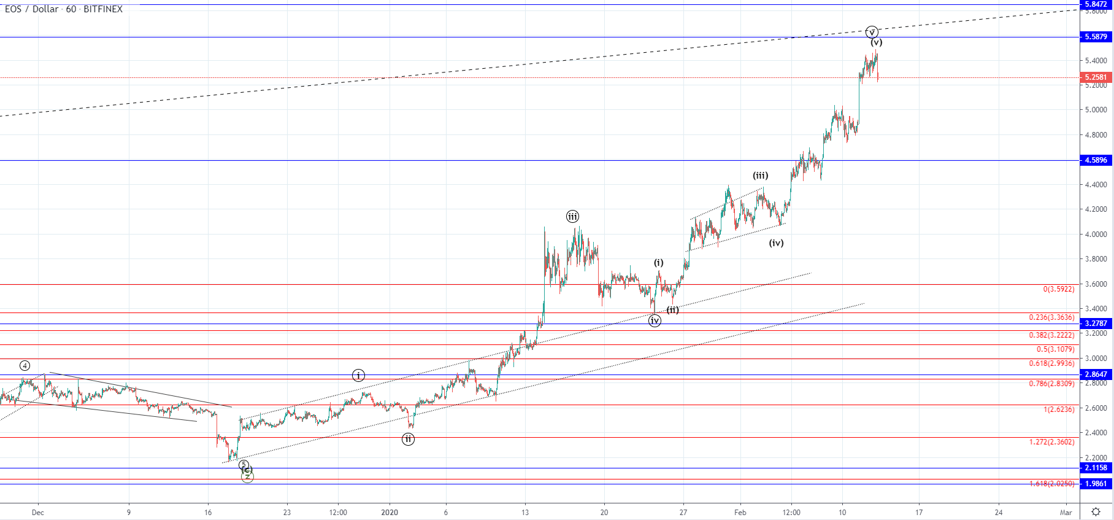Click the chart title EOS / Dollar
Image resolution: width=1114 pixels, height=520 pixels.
click(32, 9)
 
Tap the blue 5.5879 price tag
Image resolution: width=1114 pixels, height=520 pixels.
click(1096, 37)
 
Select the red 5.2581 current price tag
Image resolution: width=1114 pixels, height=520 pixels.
click(1096, 77)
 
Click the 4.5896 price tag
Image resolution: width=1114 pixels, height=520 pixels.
click(1096, 160)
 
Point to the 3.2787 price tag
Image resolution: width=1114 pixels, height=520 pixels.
click(1096, 324)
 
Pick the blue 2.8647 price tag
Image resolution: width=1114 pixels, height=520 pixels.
click(1096, 374)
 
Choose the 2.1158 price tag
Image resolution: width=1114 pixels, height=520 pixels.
click(1096, 468)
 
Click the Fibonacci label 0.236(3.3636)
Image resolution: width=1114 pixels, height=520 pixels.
click(1051, 317)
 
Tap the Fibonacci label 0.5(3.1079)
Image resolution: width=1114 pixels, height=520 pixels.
click(1055, 349)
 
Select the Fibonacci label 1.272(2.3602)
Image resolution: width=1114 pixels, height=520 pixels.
click(1051, 442)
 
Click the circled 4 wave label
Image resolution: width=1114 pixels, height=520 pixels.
click(25, 366)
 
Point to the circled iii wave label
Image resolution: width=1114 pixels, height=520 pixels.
click(572, 216)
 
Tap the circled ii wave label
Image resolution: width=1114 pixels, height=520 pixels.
click(408, 439)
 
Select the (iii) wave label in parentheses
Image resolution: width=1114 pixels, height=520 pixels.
click(761, 176)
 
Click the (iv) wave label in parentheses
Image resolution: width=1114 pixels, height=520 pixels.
click(776, 243)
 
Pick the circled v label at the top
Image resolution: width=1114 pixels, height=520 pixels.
click(872, 32)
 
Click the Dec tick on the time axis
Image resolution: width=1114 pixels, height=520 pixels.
click(37, 512)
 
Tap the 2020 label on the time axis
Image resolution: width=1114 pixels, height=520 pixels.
click(390, 512)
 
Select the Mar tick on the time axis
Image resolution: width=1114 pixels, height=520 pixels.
click(1066, 512)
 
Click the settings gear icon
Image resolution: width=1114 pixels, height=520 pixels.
click(1096, 512)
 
